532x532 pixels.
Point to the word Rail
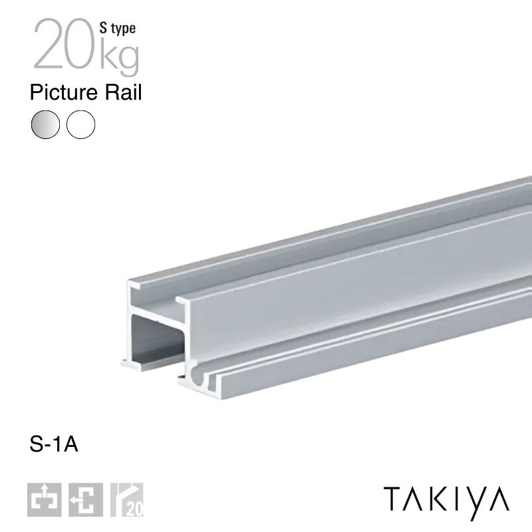tap(124, 92)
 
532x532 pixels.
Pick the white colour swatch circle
tap(81, 124)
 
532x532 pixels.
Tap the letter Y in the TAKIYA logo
tap(475, 500)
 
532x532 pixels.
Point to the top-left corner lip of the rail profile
tap(132, 285)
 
